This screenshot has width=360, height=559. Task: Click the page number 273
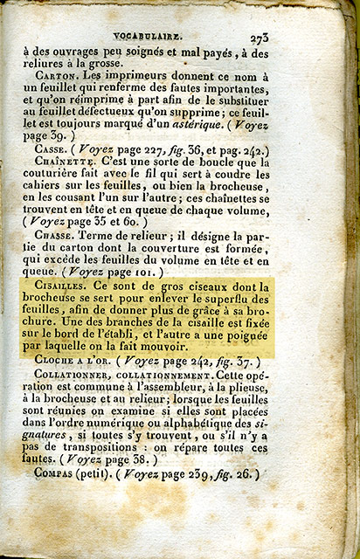coord(258,38)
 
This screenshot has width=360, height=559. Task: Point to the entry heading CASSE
coord(52,148)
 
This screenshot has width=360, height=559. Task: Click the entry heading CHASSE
coord(55,236)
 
